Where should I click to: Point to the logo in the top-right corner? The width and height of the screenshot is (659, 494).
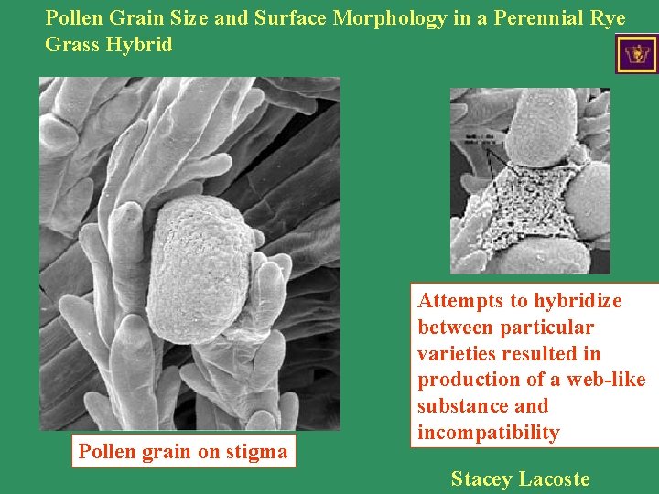(636, 54)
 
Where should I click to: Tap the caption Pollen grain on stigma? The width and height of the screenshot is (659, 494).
(183, 451)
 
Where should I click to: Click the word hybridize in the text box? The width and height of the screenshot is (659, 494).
(578, 301)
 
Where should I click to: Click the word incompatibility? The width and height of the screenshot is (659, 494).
(488, 433)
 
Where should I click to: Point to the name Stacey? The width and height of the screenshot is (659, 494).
(481, 478)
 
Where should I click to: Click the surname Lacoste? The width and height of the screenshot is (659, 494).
(554, 478)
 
